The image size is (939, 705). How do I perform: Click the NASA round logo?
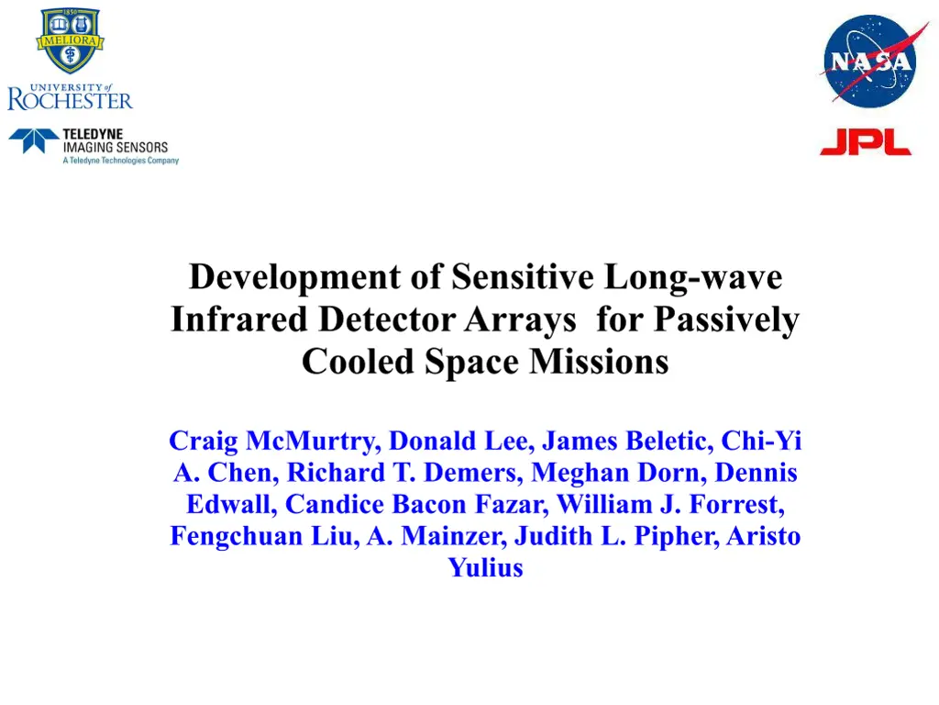coord(867,62)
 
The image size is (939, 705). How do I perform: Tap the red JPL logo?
coord(865,142)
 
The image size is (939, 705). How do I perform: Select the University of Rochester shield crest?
coord(70,41)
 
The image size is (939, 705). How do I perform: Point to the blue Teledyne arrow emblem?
coord(34,140)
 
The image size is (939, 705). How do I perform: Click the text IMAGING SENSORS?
coord(116,147)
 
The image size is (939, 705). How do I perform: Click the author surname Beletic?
coord(668,442)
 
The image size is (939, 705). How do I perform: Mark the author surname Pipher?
coord(674,536)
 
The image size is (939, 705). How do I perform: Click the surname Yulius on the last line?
coord(485,567)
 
